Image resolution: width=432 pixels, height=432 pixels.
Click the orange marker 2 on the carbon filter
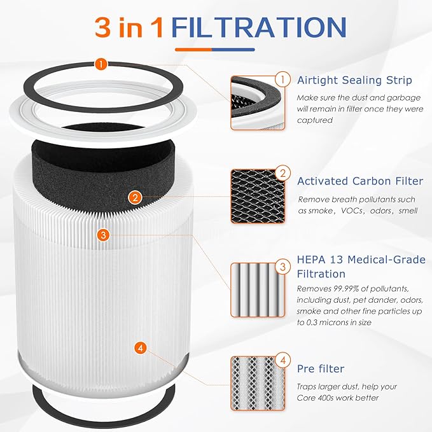coord(134,197)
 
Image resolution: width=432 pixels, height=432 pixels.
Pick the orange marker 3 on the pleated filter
coord(104,235)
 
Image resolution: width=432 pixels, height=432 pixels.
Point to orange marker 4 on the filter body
coord(141,347)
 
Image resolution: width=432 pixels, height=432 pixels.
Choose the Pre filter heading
coord(321,368)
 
